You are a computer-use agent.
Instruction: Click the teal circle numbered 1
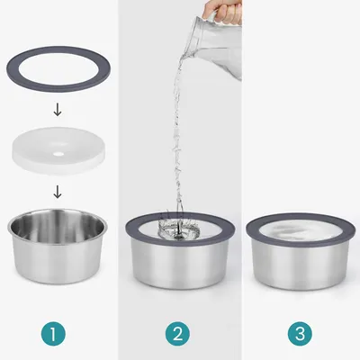coord(58,334)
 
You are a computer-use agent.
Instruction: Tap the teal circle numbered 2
coord(178,334)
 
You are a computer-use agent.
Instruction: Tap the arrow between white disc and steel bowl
coord(58,191)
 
